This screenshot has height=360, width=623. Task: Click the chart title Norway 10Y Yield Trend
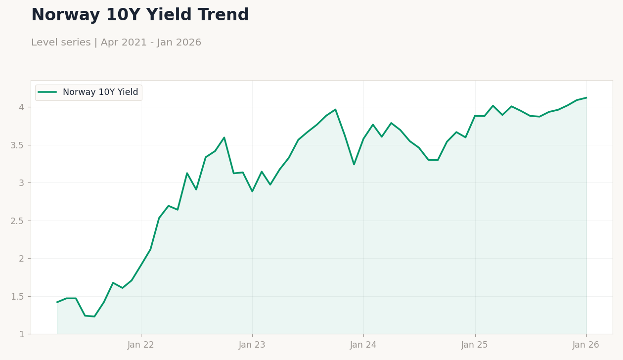click(x=140, y=14)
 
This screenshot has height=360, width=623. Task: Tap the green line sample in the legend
click(x=47, y=92)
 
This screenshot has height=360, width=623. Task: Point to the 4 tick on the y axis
click(x=22, y=107)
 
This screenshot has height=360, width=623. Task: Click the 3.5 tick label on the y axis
click(x=17, y=145)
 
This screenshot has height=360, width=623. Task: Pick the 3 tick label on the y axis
click(x=22, y=183)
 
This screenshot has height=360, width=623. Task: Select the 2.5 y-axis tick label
click(x=17, y=221)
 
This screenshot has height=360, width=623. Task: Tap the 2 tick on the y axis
click(x=22, y=259)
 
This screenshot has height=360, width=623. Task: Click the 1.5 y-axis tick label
click(x=17, y=297)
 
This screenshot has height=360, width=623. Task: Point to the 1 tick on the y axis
click(x=22, y=334)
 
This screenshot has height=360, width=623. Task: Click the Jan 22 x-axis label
click(x=141, y=345)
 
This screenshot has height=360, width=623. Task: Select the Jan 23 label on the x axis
click(x=252, y=345)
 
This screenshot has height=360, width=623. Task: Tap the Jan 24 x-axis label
click(x=363, y=345)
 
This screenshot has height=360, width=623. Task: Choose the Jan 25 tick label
click(x=475, y=345)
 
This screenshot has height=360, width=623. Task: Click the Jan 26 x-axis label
click(x=586, y=345)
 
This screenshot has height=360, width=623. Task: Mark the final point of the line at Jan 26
click(x=586, y=97)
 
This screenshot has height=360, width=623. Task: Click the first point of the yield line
click(x=57, y=302)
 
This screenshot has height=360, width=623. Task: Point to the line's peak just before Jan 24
click(x=335, y=110)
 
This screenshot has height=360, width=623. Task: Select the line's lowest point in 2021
click(x=94, y=316)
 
